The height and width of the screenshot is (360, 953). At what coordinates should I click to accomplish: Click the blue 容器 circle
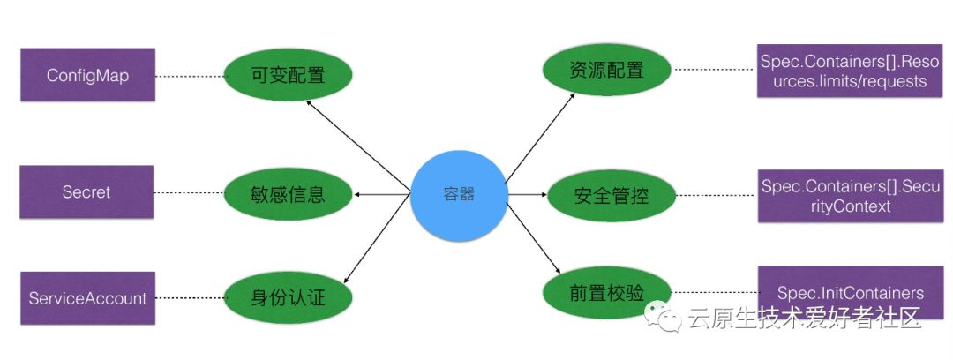459,194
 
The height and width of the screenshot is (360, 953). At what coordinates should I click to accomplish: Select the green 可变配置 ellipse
288,75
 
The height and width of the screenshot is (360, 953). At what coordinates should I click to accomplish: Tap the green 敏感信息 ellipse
288,193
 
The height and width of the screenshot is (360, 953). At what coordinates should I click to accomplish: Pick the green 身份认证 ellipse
288,297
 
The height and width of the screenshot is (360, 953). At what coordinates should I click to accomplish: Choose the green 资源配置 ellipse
605,71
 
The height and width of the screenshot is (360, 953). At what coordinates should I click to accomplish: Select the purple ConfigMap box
87,76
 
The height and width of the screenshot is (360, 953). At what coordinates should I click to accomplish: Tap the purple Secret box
86,192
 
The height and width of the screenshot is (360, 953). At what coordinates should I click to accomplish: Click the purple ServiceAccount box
87,298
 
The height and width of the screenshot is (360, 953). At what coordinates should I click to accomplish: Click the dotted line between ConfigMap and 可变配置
189,77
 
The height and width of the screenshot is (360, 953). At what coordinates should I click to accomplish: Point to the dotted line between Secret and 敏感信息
189,193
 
